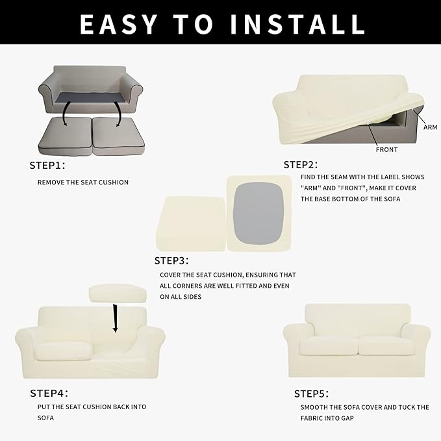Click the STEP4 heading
[49, 393]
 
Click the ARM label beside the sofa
[430, 127]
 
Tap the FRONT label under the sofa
[386, 149]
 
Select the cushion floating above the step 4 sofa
[118, 293]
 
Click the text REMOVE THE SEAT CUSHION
[82, 183]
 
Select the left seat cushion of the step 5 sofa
[328, 345]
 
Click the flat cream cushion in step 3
[190, 223]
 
